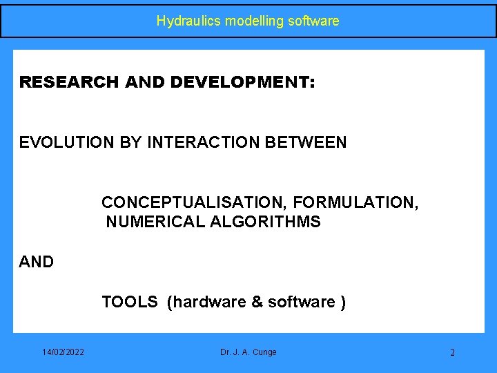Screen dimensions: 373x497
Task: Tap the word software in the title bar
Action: point(313,21)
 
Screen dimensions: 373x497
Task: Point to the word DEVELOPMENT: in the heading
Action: point(242,83)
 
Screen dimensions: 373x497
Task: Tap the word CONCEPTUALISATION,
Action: point(195,202)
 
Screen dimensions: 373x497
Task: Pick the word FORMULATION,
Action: point(355,202)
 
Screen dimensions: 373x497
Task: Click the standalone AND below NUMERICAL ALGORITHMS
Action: point(37,262)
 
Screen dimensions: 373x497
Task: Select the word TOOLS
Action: point(130,302)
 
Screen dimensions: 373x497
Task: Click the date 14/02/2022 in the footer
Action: point(63,352)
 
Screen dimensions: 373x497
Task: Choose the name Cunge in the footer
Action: point(264,352)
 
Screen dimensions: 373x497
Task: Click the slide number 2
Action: point(452,353)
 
